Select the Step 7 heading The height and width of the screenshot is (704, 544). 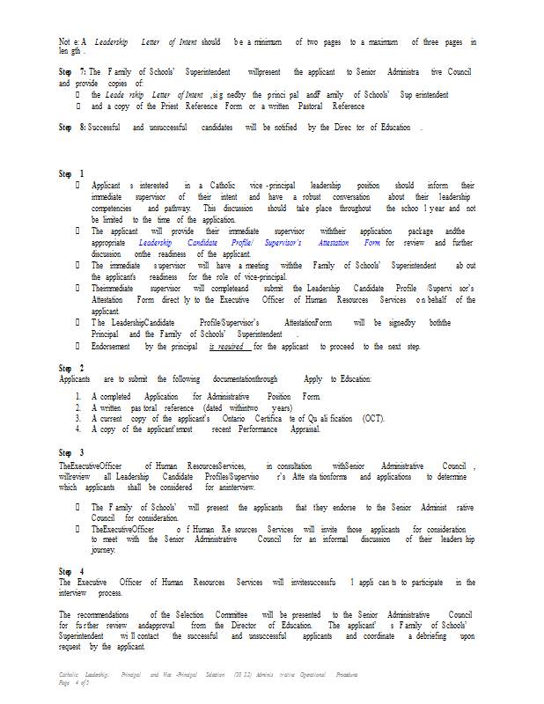pyautogui.click(x=71, y=70)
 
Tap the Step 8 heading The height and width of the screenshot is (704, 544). pyautogui.click(x=71, y=128)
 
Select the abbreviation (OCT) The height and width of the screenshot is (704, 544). pyautogui.click(x=372, y=419)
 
